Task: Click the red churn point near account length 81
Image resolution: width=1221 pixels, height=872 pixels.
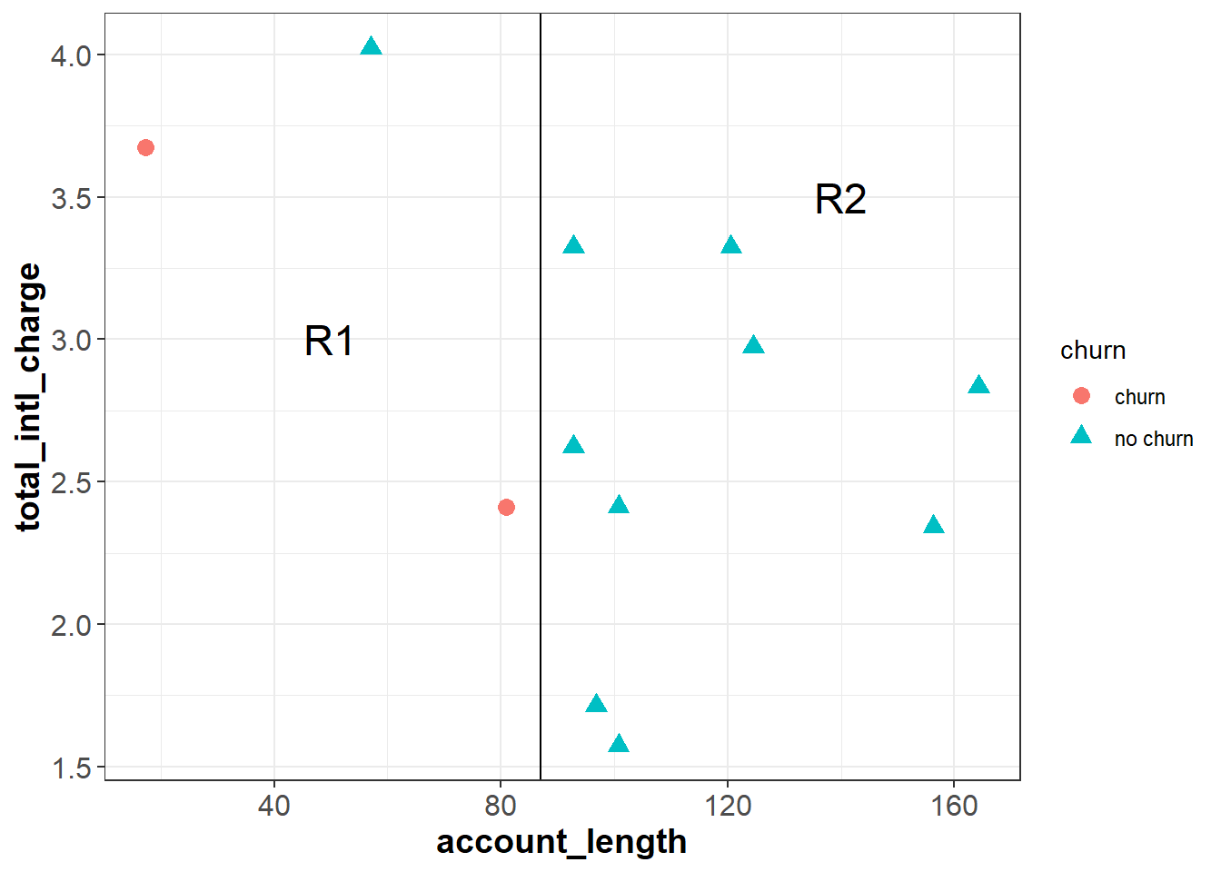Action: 506,507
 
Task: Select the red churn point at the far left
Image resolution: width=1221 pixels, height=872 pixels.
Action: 145,147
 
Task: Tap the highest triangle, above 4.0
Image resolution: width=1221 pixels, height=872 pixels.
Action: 371,47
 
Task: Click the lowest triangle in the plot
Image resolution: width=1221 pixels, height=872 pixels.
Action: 619,745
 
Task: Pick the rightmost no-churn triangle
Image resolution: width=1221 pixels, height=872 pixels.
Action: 978,385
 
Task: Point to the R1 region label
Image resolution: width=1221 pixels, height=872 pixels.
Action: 329,342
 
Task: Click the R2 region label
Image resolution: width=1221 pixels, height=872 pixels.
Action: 840,200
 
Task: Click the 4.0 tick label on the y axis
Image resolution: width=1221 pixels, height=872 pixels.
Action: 71,55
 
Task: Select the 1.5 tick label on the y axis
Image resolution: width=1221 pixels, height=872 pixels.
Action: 71,768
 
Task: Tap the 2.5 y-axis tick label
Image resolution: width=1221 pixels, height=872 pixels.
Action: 71,482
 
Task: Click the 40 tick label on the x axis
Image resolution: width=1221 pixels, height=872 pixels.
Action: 273,806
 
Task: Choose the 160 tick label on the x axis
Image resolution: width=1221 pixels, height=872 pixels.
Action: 954,806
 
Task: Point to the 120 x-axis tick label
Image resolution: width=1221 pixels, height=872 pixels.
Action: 727,806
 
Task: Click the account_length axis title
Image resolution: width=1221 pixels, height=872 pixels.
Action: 561,842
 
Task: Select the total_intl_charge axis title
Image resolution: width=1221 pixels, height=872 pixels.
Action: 29,397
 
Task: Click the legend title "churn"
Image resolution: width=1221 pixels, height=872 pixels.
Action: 1093,351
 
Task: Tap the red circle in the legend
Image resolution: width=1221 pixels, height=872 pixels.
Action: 1081,396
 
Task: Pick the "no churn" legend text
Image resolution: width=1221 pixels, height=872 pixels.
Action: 1154,439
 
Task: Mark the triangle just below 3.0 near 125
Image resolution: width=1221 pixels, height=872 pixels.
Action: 753,345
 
